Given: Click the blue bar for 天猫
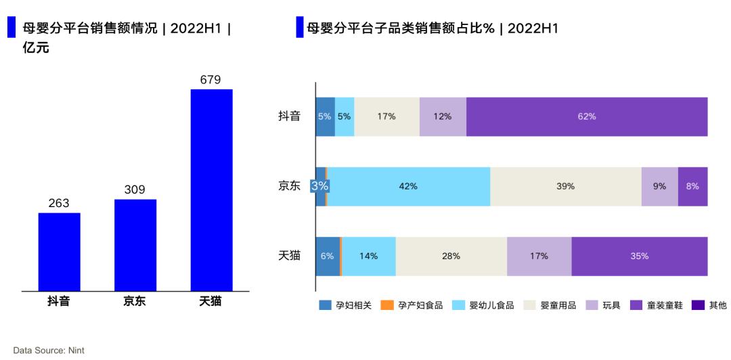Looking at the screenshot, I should tap(211, 189).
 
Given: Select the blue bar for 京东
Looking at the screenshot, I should tap(135, 245).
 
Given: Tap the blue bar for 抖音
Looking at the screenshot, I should tap(59, 252).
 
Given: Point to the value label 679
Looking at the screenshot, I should tap(211, 80).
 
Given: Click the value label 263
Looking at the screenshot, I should tap(59, 203).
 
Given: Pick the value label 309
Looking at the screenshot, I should tap(135, 189).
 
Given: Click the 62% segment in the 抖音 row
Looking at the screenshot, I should tap(587, 116).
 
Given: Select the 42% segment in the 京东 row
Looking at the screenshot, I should tap(409, 186).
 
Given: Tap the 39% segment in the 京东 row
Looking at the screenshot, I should tap(566, 186).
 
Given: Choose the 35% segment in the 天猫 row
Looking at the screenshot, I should tap(640, 256).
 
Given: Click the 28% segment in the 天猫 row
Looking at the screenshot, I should tap(451, 256).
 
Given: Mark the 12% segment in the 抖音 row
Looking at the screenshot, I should tap(443, 116).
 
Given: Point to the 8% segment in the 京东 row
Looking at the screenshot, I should tap(692, 186).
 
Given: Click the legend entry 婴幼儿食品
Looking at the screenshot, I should tap(489, 305).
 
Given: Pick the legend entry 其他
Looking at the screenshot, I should tap(710, 305).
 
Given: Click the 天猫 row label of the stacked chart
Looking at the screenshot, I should tap(289, 256).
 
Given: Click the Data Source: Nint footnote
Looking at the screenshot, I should tap(49, 351).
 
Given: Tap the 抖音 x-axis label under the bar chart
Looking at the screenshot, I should tap(58, 302).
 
